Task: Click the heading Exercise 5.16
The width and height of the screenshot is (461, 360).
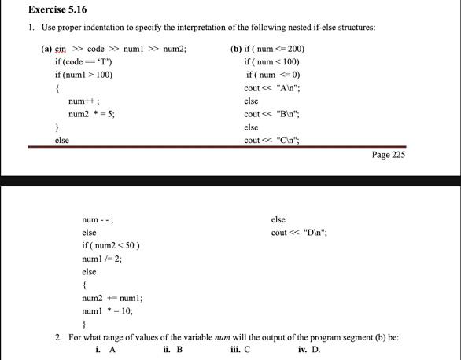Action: [x=57, y=9]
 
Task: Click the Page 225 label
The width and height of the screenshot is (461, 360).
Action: [x=388, y=154]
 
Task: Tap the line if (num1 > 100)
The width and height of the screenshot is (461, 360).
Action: [x=83, y=74]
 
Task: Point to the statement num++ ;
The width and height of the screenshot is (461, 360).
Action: [x=83, y=101]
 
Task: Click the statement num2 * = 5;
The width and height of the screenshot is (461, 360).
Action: [x=93, y=113]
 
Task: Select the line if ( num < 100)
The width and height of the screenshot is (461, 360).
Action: [x=273, y=61]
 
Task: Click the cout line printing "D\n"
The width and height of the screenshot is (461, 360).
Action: [x=298, y=233]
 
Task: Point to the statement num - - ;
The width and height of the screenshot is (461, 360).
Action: [x=98, y=219]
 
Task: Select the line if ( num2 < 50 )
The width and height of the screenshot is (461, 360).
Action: [x=111, y=245]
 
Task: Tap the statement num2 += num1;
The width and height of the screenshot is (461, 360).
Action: [x=112, y=298]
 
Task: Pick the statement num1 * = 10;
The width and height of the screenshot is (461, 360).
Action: [x=107, y=310]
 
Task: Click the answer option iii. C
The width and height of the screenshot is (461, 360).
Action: [x=241, y=350]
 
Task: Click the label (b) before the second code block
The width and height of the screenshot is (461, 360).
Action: [x=235, y=49]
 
